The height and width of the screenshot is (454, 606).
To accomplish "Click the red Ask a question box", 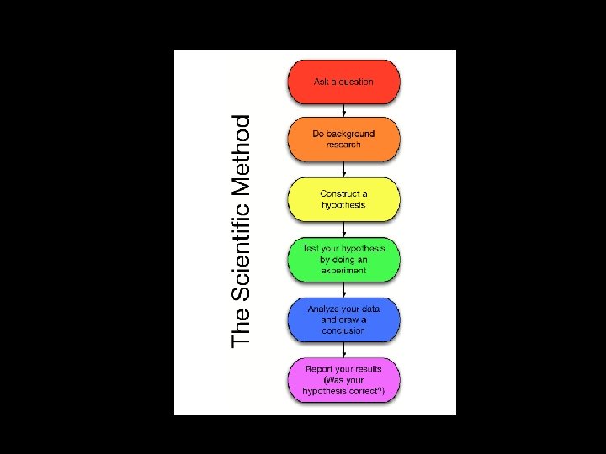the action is click(343, 82).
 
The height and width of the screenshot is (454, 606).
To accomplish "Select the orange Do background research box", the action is click(343, 140).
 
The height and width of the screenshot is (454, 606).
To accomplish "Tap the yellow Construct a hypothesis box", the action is click(343, 199).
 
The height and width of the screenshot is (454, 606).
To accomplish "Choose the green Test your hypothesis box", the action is click(343, 259).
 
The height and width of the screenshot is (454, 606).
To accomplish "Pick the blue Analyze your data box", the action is click(343, 319).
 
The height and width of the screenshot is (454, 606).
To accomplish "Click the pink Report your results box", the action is click(343, 380).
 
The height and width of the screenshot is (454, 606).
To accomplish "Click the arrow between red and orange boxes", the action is click(343, 110).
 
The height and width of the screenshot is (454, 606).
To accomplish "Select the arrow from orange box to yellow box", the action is click(343, 170).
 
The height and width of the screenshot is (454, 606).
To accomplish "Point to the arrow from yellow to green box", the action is click(343, 230).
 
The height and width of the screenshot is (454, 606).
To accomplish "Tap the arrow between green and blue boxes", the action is click(343, 289).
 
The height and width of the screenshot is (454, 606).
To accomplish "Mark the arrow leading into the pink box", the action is click(343, 350).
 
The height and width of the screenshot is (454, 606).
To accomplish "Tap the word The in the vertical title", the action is click(242, 327).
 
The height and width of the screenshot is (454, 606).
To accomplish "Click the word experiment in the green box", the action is click(343, 271).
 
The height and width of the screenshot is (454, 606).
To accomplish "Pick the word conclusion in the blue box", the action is click(343, 330).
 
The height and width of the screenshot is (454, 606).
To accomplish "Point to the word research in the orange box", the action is click(343, 145).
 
